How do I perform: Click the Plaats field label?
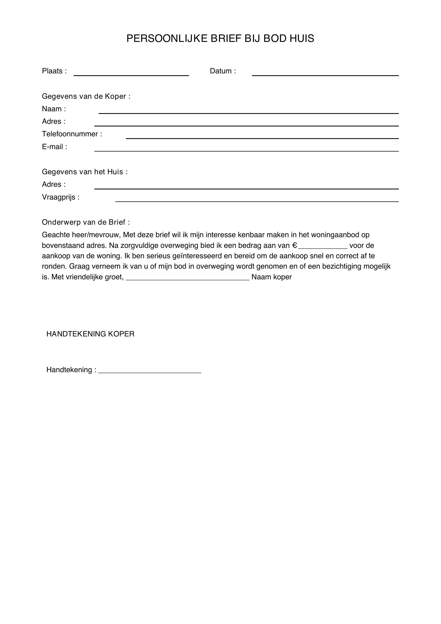(54, 71)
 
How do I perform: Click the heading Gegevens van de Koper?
(86, 96)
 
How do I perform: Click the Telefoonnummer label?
(72, 134)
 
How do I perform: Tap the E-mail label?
(54, 147)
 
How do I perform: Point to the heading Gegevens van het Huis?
(85, 172)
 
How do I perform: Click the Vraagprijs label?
(61, 197)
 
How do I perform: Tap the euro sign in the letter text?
(295, 246)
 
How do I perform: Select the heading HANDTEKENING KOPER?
(90, 334)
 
